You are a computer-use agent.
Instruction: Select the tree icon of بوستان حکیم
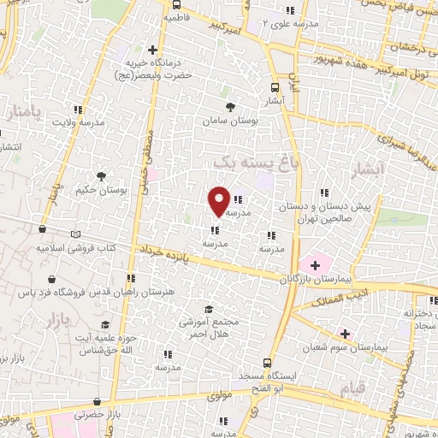click(x=102, y=176)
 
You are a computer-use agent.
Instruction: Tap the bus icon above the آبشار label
click(x=275, y=87)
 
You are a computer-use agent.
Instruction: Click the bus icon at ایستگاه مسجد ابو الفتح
click(x=267, y=363)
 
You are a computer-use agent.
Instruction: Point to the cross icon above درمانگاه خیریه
click(x=153, y=50)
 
